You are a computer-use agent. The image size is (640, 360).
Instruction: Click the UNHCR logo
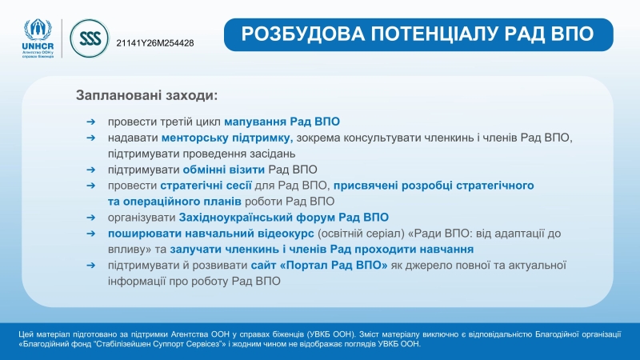point(38,38)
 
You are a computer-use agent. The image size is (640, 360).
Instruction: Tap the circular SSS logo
point(90,38)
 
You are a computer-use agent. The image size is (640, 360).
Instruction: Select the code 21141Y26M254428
point(155,43)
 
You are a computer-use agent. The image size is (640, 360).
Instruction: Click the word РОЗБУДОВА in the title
point(302,34)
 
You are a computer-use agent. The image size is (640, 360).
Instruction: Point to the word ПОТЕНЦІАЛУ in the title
point(434,34)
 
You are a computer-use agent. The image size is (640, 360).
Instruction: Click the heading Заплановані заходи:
point(147,95)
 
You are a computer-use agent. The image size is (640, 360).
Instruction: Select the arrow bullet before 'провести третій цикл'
point(90,122)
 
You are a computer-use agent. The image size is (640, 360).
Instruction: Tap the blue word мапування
point(255,122)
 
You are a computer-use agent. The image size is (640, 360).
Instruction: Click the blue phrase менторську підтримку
point(227,138)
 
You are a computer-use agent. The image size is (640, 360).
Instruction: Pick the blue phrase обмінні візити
point(224,170)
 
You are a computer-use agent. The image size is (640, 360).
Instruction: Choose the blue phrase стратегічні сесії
point(206,186)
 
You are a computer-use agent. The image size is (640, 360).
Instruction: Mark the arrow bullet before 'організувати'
point(90,217)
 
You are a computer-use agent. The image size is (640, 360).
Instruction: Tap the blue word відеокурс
point(286,234)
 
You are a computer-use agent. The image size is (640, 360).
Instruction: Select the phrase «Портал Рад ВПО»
point(334,266)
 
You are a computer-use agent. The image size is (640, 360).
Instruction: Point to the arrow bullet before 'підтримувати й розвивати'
point(90,266)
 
